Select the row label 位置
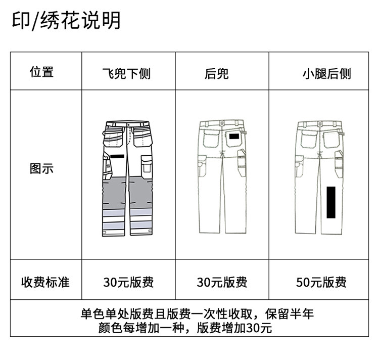[41, 72]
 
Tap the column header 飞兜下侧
[126, 74]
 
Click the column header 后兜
[217, 74]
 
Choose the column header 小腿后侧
[326, 74]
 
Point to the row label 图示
[41, 168]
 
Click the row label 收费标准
[45, 282]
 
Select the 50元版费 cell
[321, 282]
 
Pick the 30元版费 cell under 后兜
[222, 282]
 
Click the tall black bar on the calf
[331, 201]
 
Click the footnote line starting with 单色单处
[197, 313]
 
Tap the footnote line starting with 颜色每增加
[186, 328]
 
